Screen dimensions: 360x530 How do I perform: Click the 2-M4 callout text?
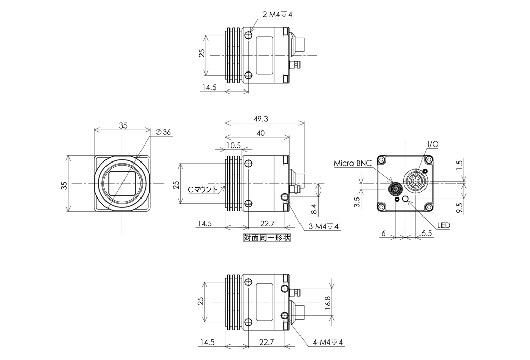tap(277, 15)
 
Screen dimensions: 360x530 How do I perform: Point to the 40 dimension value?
tap(261, 133)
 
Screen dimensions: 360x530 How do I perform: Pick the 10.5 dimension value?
tap(234, 146)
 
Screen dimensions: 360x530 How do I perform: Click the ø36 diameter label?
tap(163, 132)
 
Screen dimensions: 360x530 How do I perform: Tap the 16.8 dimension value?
tap(327, 300)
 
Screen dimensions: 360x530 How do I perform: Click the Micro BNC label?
tap(352, 164)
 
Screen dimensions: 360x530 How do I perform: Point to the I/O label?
tap(432, 145)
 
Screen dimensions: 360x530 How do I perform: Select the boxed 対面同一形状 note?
tap(267, 238)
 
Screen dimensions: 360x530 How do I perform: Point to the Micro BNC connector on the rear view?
tap(395, 189)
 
